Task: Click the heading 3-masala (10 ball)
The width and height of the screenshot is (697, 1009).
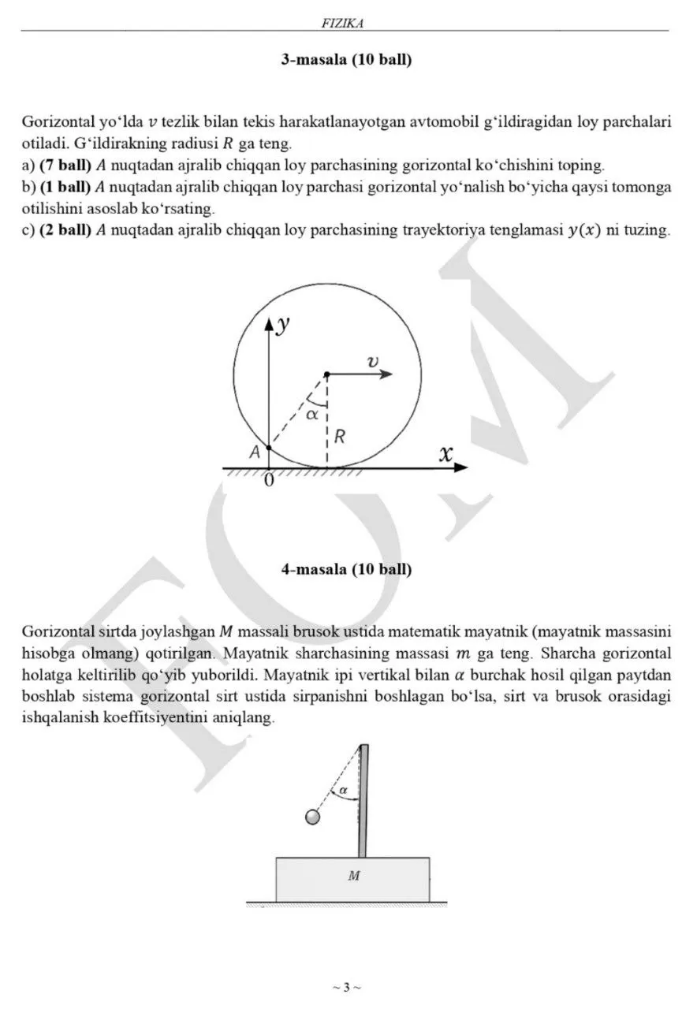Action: [x=346, y=60]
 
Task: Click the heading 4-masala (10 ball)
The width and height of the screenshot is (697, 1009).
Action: [x=346, y=569]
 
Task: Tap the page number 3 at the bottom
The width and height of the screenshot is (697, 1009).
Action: [x=346, y=986]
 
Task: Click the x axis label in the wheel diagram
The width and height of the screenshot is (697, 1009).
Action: [x=446, y=454]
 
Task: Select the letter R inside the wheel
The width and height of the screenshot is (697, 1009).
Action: [x=338, y=436]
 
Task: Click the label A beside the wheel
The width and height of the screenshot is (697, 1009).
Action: [x=254, y=452]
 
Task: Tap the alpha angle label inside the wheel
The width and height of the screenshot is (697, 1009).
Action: [x=312, y=413]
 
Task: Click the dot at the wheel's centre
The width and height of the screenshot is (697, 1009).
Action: [x=326, y=374]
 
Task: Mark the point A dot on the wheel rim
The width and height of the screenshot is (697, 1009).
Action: [x=270, y=447]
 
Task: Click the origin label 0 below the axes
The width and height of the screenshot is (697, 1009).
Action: [x=269, y=481]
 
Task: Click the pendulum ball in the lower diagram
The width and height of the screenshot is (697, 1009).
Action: [x=313, y=817]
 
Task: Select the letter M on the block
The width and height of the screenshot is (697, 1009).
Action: [x=353, y=875]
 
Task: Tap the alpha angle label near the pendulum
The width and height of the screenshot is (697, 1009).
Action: [x=343, y=790]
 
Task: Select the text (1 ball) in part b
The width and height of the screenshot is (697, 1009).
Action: [x=65, y=187]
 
